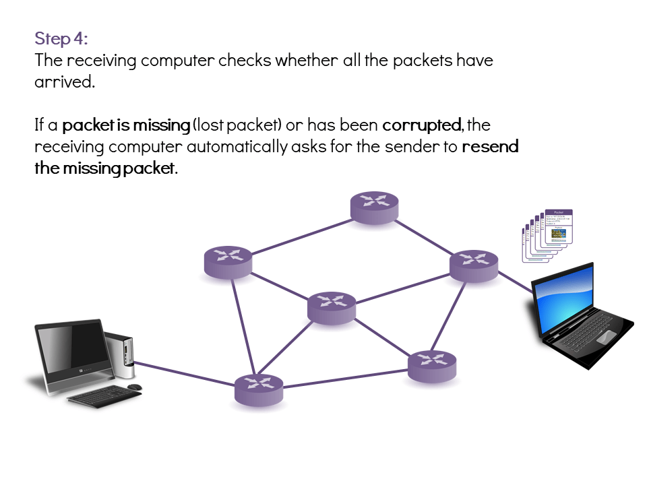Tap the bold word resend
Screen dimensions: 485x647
tap(490, 147)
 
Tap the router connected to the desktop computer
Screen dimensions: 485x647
tap(258, 389)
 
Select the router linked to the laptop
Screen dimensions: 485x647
tap(474, 264)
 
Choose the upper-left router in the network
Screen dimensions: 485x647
tap(228, 261)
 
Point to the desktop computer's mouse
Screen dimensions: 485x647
tap(135, 387)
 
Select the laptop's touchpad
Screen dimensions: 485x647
tap(606, 335)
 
